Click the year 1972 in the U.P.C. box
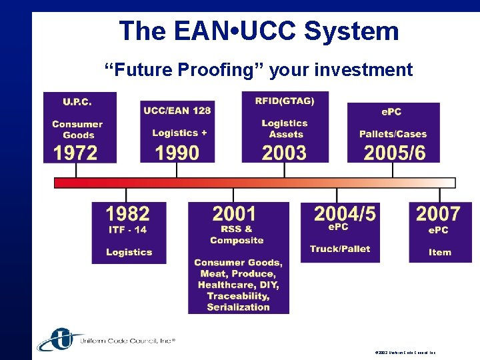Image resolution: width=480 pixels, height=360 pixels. point(75,153)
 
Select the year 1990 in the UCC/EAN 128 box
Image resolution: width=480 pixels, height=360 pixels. point(177,153)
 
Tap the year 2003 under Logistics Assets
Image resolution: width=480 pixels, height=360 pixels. point(284,153)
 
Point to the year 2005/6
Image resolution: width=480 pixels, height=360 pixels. point(394,153)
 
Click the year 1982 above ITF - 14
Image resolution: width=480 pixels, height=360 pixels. point(127,214)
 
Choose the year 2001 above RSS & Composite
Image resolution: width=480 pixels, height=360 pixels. point(234,214)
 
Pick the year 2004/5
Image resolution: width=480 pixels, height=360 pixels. point(345,214)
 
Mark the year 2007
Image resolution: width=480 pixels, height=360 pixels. point(438,214)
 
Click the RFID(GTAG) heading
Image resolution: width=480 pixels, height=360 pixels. point(284,101)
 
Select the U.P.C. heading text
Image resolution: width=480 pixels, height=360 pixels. point(77,102)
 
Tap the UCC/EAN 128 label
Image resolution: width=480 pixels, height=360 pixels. point(177,111)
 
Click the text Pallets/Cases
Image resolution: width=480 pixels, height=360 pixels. point(393,134)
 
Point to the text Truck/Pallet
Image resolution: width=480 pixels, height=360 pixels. point(339,249)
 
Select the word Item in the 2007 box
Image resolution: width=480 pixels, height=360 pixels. point(439,252)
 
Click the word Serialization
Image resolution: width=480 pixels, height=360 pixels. point(238,307)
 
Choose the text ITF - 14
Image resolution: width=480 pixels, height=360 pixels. point(127,229)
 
